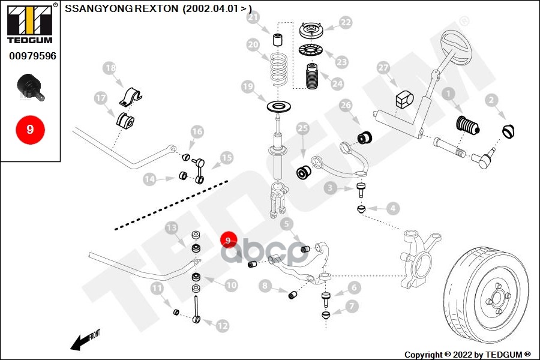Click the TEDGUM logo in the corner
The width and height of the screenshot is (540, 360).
click(30, 25)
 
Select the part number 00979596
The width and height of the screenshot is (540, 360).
click(32, 56)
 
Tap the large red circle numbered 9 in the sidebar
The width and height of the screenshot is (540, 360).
click(30, 129)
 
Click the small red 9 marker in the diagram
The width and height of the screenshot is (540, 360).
click(228, 241)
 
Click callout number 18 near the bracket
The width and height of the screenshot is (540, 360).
click(110, 68)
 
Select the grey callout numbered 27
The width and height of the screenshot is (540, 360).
click(383, 69)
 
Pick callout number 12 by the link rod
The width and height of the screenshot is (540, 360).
click(223, 326)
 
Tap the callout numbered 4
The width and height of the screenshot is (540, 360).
click(392, 209)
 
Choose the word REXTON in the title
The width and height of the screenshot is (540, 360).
click(145, 9)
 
